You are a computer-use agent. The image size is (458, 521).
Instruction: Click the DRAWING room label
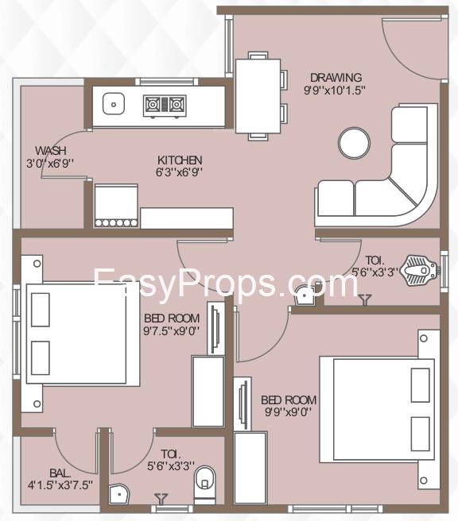336,77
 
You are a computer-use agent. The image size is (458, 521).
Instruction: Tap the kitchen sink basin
114,104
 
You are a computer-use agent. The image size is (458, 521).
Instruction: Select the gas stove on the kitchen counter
165,106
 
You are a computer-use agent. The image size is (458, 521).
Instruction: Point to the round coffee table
354,143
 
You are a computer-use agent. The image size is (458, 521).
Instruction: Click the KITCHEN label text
180,160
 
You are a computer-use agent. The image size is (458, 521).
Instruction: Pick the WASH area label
51,151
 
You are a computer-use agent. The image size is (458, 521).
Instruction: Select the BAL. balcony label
60,473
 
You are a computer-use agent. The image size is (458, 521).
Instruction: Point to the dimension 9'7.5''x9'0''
172,331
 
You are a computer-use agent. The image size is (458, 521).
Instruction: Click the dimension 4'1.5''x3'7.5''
60,485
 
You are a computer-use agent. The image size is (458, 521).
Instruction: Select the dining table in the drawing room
258,96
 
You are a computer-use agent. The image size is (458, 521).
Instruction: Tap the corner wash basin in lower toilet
118,495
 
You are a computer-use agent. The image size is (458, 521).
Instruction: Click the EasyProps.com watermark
226,283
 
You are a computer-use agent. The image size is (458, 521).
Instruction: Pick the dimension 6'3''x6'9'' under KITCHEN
180,172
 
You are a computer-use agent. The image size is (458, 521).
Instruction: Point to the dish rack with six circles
116,223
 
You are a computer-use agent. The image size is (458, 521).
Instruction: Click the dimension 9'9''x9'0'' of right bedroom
288,412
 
